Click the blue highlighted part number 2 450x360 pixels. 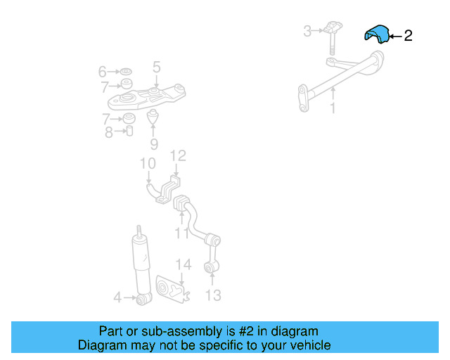377,34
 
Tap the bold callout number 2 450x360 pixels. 408,36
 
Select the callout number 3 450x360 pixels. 307,31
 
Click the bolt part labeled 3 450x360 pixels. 333,37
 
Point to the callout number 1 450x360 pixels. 333,108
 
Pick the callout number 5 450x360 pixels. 156,67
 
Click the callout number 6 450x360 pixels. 102,72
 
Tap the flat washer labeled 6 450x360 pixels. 126,71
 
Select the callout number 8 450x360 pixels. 108,133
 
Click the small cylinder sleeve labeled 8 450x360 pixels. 129,131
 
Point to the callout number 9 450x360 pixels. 154,144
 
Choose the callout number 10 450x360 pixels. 148,163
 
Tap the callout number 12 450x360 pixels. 178,155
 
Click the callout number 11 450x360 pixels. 182,233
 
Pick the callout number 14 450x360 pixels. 184,264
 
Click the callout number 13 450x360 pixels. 213,295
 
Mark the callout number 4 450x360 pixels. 117,297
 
